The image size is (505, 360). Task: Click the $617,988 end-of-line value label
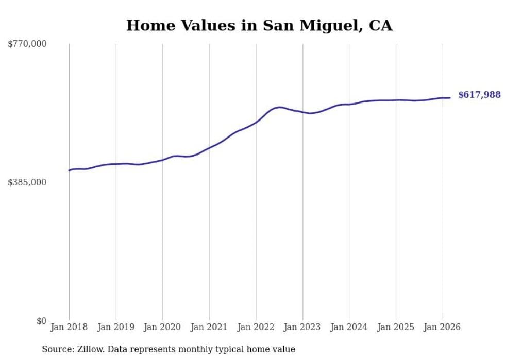479,95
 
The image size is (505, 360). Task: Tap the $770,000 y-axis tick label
27,44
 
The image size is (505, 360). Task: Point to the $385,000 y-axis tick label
27,182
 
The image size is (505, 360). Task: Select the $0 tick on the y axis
41,321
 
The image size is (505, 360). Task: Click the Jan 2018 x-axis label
69,327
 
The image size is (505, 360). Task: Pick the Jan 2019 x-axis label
116,327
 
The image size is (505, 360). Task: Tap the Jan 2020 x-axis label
162,327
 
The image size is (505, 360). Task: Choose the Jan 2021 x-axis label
209,327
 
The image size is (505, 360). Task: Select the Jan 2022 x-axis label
256,327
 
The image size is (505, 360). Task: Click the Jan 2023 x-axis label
302,327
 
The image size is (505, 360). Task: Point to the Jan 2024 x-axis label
349,327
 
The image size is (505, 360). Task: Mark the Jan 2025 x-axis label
396,327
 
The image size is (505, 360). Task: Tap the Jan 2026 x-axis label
442,327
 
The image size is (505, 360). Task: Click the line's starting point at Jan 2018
69,170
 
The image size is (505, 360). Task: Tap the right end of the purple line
450,98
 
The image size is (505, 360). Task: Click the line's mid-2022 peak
279,107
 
